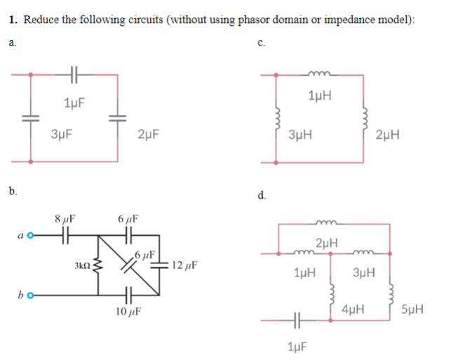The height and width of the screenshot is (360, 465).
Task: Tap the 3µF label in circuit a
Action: click(63, 133)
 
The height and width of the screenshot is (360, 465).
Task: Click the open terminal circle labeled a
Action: click(31, 235)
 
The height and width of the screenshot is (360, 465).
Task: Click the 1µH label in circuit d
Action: click(305, 272)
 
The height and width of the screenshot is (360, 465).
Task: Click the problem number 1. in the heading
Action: click(14, 19)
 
